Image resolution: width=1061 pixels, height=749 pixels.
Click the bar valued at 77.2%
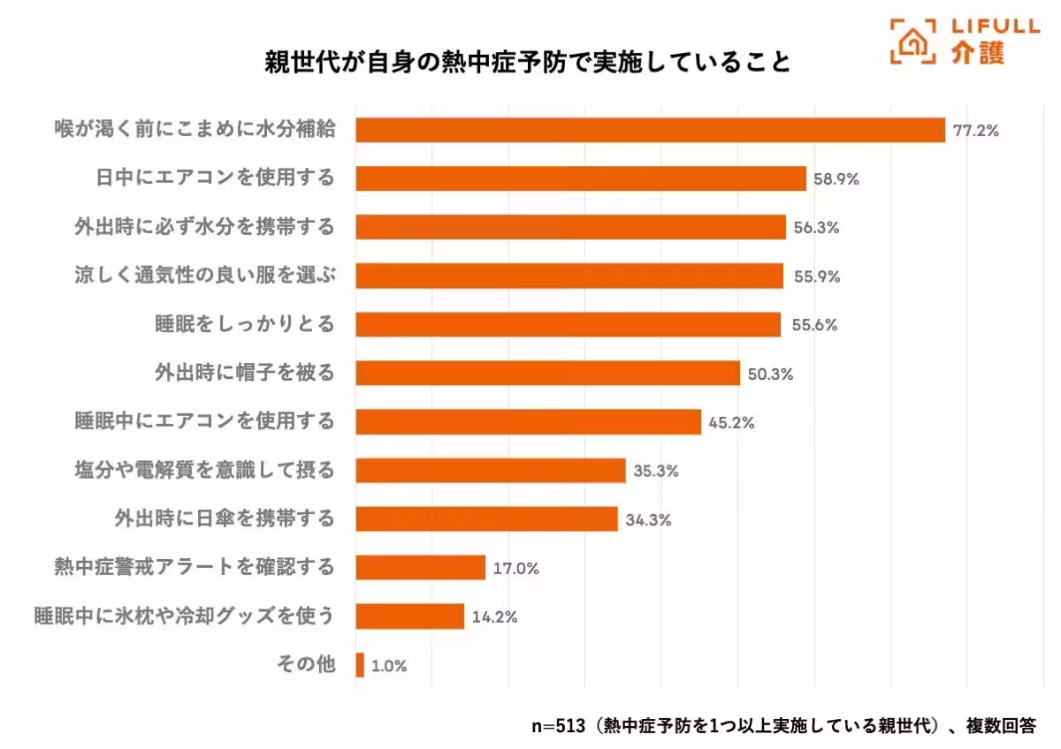point(650,130)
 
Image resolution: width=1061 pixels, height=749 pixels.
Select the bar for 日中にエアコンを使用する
point(581,178)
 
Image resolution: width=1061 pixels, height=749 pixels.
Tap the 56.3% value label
point(816,227)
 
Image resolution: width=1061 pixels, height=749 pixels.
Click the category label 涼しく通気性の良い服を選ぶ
point(204,275)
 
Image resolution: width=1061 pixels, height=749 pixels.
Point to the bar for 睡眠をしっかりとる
point(568,324)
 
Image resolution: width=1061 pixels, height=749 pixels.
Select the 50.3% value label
point(770,374)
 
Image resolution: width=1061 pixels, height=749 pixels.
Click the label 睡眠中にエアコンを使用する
point(204,420)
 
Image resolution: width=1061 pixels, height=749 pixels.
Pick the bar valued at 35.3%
point(491,470)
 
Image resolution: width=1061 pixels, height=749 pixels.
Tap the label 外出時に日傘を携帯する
point(225,518)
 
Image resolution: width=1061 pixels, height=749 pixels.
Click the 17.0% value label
point(515,568)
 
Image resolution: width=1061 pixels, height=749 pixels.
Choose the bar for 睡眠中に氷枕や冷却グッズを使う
point(409,616)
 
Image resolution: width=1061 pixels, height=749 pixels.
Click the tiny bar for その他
point(360,664)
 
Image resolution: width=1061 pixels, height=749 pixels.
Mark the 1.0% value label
point(389,666)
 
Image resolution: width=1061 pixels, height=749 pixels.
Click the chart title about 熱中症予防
point(528,64)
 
